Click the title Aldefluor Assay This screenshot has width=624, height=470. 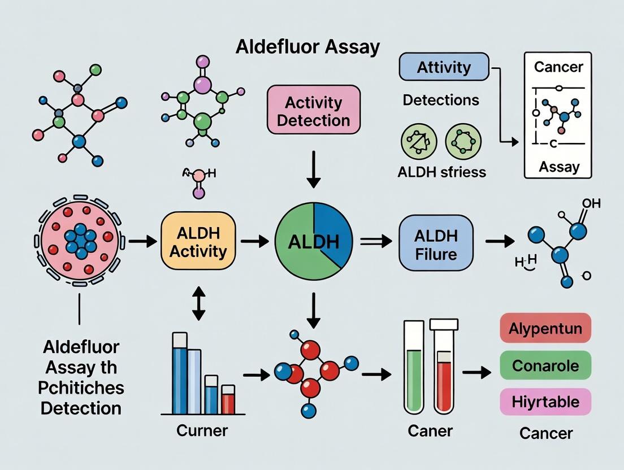click(x=308, y=47)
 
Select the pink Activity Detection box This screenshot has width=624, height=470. click(x=313, y=111)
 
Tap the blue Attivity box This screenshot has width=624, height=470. click(x=444, y=67)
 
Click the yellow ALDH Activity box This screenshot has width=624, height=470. click(x=198, y=242)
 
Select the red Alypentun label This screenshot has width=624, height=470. click(x=545, y=328)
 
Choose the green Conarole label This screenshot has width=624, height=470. click(x=545, y=365)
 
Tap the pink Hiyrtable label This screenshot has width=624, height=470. click(x=545, y=402)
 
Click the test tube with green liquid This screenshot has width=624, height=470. click(x=414, y=367)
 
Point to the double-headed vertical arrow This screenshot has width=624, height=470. click(x=198, y=304)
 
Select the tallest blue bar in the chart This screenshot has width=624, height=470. click(x=180, y=376)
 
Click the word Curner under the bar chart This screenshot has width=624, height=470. click(x=202, y=430)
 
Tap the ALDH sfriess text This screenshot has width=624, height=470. click(x=441, y=172)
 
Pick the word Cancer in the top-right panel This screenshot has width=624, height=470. click(x=558, y=67)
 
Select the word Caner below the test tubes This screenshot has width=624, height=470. click(x=430, y=431)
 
